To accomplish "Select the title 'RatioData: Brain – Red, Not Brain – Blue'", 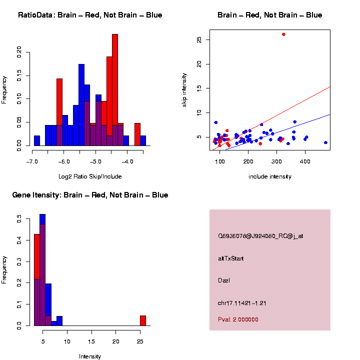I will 90,15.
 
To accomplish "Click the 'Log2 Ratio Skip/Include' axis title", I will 90,176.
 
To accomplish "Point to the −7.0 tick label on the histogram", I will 33,161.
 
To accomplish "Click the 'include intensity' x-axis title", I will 270,176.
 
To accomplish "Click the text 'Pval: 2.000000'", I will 238,319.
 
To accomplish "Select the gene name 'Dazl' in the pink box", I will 224,280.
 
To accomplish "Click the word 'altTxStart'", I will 230,258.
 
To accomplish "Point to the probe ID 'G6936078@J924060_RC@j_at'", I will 260,236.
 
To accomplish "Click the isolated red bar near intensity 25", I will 142,320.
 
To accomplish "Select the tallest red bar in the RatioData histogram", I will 115,90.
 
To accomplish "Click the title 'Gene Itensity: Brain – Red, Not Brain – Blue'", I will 90,195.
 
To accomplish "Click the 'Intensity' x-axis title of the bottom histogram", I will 90,356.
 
